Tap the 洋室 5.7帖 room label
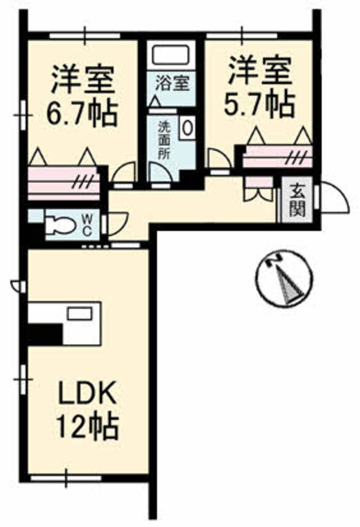pyautogui.click(x=260, y=87)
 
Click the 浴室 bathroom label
pyautogui.click(x=171, y=83)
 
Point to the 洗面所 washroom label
pyautogui.click(x=164, y=140)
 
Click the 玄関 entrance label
pyautogui.click(x=297, y=199)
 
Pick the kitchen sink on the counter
pyautogui.click(x=80, y=313)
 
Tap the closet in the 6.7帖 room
pyautogui.click(x=64, y=183)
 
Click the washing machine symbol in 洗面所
pyautogui.click(x=188, y=126)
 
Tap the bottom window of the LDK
pyautogui.click(x=66, y=478)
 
